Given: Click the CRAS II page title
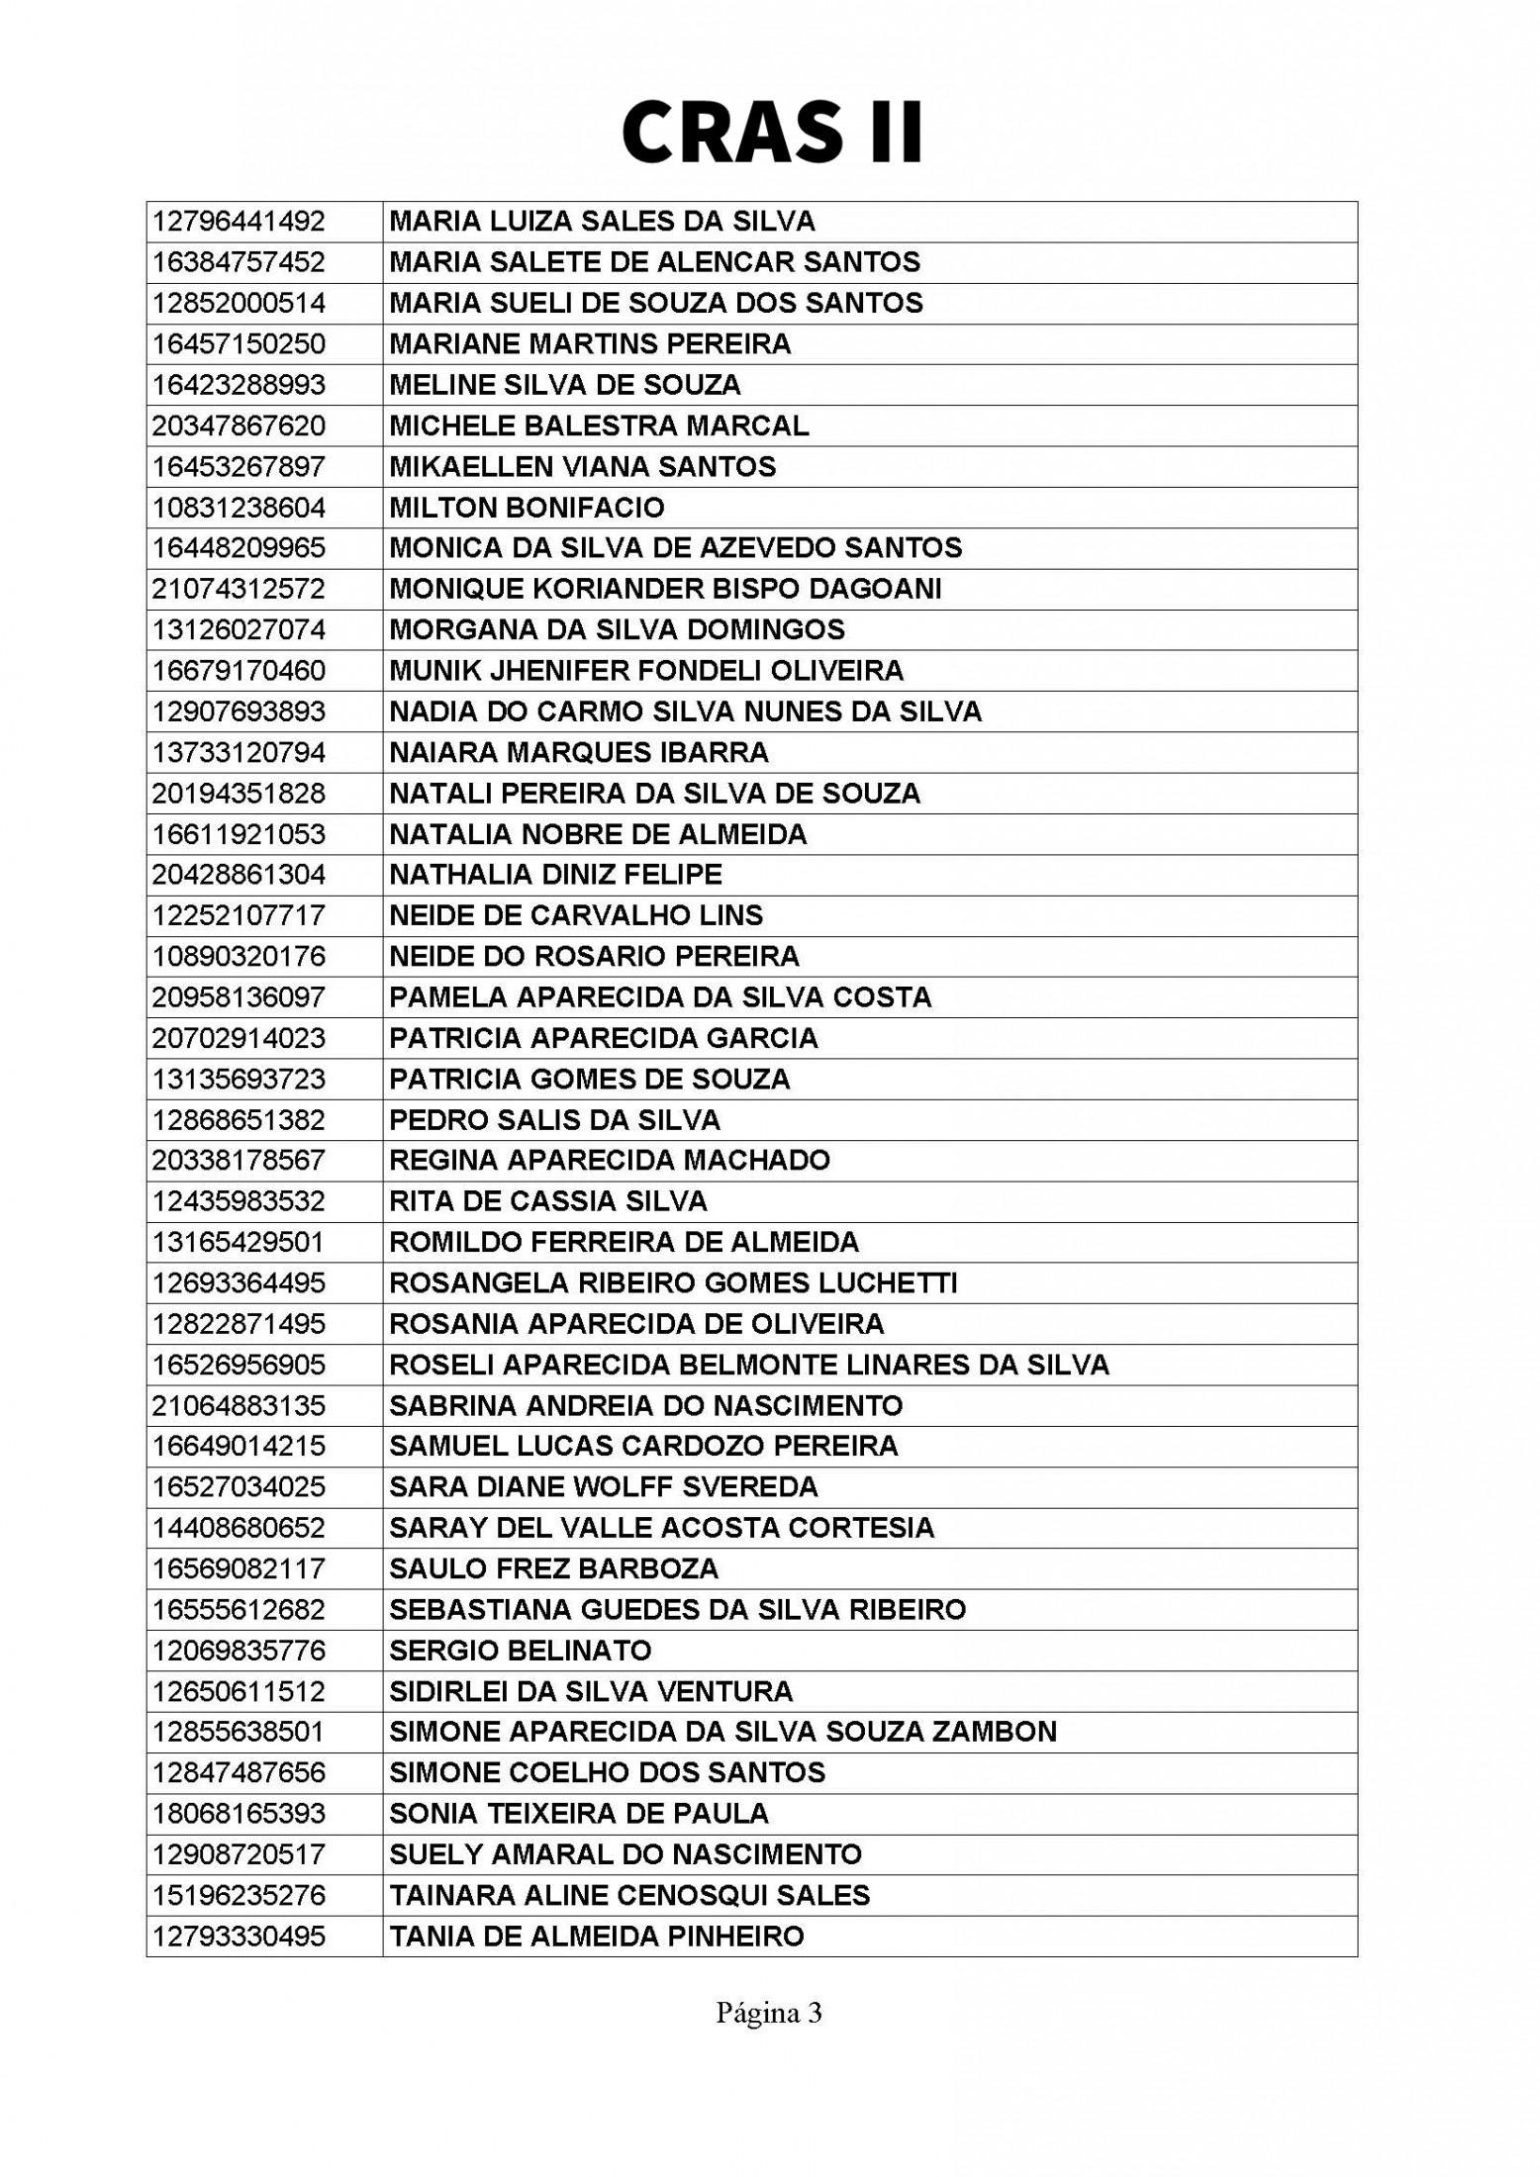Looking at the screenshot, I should click(771, 132).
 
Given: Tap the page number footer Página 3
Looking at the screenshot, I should click(769, 2012).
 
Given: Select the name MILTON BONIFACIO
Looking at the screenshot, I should click(527, 508).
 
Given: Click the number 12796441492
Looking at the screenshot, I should click(239, 222).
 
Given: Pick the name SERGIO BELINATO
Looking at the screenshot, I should click(521, 1651).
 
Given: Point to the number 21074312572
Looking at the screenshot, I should click(239, 589).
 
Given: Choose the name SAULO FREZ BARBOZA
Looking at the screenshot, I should click(553, 1568).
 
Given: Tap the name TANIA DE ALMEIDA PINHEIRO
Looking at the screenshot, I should click(597, 1937).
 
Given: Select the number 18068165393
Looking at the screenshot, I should click(239, 1814).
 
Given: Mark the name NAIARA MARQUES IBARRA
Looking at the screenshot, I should click(579, 753).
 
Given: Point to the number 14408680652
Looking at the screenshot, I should click(239, 1528).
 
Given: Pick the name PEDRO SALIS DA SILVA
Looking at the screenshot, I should click(554, 1120).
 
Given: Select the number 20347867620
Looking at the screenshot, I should click(239, 426).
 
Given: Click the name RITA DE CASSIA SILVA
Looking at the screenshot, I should click(548, 1201).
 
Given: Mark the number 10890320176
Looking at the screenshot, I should click(239, 957).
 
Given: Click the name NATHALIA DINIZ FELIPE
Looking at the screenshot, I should click(555, 875).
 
